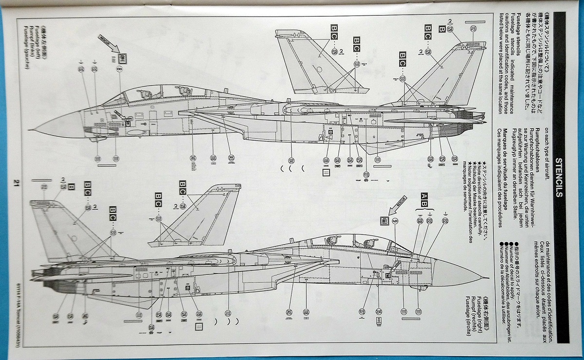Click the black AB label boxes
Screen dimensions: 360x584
pyautogui.click(x=424, y=197)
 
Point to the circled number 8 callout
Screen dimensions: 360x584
pyautogui.click(x=119, y=70)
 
